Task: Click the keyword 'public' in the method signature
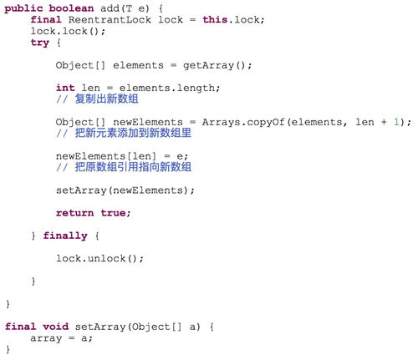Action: [23, 8]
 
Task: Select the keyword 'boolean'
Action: [71, 8]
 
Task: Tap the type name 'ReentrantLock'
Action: [110, 20]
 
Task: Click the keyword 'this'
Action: [215, 20]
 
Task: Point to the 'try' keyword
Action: [40, 43]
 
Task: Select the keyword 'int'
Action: [65, 88]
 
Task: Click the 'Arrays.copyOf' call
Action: [243, 122]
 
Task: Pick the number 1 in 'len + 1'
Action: [396, 122]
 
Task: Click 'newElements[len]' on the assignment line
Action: [106, 156]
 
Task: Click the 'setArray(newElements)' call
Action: [122, 190]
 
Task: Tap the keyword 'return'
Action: [74, 213]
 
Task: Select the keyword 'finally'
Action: [65, 236]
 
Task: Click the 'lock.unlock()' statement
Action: [99, 259]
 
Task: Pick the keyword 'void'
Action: [55, 327]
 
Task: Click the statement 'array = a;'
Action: [61, 338]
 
